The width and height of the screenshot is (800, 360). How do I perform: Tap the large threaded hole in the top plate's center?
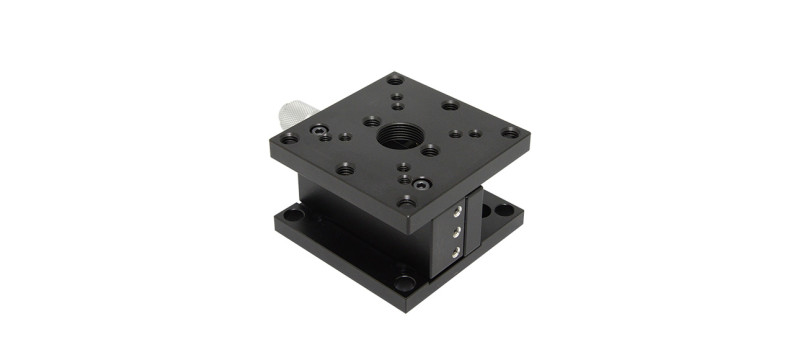[x=400, y=134]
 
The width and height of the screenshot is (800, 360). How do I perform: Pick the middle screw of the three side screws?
[x=457, y=230]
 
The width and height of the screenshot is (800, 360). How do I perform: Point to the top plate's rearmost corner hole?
[x=394, y=80]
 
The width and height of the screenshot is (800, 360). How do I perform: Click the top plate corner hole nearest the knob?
[x=289, y=138]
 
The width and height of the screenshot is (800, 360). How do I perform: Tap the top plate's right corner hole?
[x=510, y=131]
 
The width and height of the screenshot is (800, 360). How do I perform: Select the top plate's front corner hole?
[x=406, y=201]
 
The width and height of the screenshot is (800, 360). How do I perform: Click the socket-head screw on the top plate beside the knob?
[x=318, y=130]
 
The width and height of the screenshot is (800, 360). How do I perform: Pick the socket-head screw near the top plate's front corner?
[x=422, y=183]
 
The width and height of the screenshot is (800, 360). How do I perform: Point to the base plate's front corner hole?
[x=403, y=282]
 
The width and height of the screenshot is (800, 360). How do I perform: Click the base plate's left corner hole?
[x=293, y=213]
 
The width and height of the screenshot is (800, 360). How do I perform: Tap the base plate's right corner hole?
[x=505, y=210]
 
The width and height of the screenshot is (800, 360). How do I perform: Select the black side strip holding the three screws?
[x=455, y=232]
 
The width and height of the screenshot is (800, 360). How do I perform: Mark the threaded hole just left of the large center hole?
[x=372, y=121]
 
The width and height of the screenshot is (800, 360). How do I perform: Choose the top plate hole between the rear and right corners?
[x=450, y=104]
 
